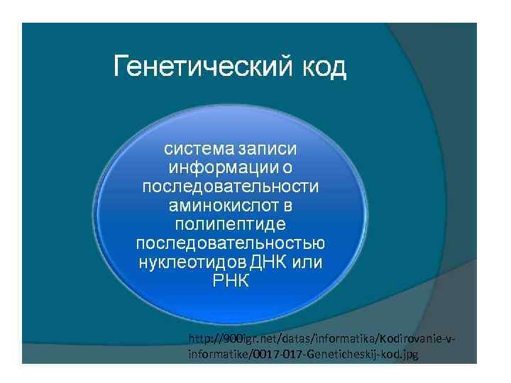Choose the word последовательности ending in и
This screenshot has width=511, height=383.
pyautogui.click(x=231, y=187)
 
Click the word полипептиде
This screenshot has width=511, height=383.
pyautogui.click(x=231, y=224)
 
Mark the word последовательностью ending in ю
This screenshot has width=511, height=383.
pyautogui.click(x=231, y=243)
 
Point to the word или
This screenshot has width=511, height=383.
pyautogui.click(x=307, y=262)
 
